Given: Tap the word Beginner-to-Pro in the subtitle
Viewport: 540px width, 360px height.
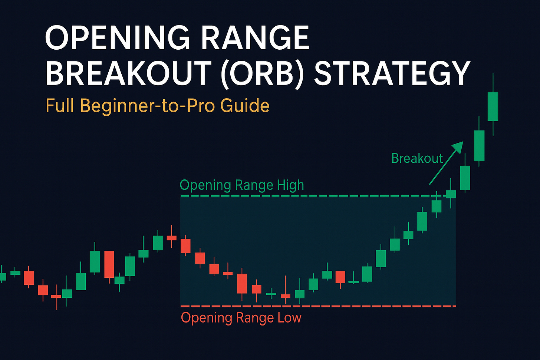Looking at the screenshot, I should click(148, 106).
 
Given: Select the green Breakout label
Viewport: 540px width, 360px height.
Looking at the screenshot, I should click(417, 158).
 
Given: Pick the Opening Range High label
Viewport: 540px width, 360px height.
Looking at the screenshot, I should click(241, 185).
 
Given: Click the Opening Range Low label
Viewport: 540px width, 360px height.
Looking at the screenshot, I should click(241, 318).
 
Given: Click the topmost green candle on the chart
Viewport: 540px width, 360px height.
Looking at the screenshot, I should click(493, 106).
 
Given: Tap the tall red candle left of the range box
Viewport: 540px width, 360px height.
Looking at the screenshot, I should click(109, 264).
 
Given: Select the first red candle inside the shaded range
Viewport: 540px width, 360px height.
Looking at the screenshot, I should click(185, 246).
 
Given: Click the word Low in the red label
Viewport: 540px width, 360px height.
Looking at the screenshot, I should click(289, 318).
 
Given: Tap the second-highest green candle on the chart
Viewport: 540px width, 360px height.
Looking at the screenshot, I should click(479, 146).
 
